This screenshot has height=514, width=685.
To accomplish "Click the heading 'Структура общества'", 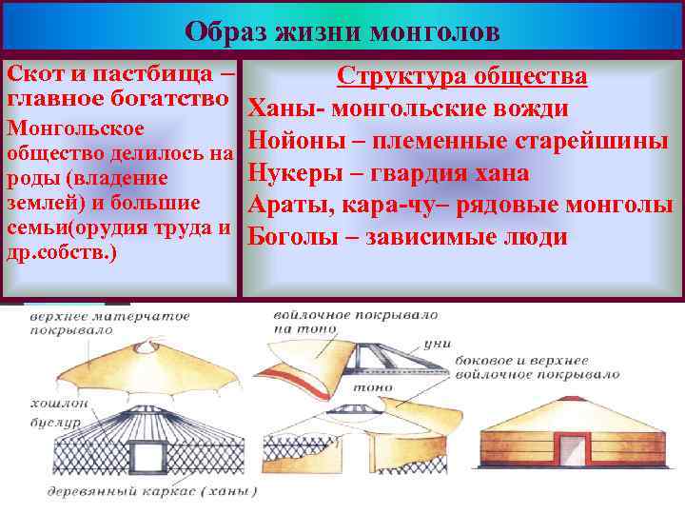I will point(462,77).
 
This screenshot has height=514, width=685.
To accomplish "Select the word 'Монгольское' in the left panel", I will point(76,128).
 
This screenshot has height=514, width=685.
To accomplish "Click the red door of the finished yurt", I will point(571,449).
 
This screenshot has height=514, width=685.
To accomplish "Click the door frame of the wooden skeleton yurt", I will point(147,454).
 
